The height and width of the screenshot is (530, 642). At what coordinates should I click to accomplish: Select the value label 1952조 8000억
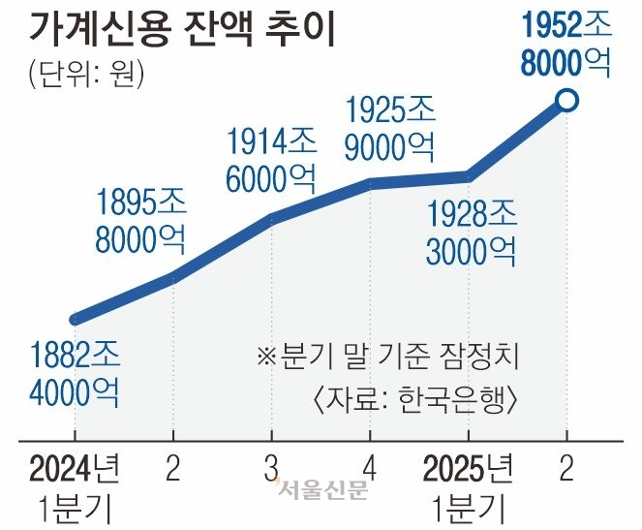coord(566,43)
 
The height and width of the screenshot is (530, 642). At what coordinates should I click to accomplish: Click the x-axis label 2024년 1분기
coord(75,486)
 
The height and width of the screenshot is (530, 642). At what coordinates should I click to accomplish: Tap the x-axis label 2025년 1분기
coord(470,486)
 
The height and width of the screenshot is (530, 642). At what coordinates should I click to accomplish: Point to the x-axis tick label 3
coord(272,470)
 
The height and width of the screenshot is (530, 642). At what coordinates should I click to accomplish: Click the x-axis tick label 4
coord(371,470)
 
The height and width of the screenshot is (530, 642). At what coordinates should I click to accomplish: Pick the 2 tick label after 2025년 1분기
coord(568,470)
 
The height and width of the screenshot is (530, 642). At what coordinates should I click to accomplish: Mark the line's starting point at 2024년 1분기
coord(76,319)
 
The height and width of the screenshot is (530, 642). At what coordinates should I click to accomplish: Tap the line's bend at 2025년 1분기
coord(470,176)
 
